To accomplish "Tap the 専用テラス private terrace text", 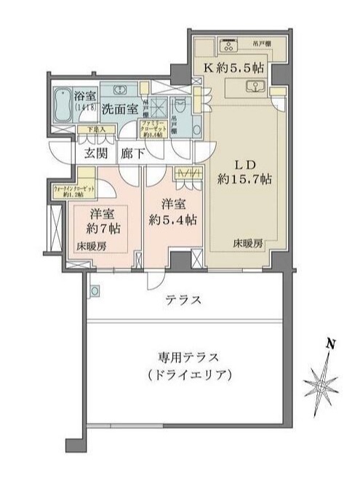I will click(187, 357).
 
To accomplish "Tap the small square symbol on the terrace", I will click(94, 291).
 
